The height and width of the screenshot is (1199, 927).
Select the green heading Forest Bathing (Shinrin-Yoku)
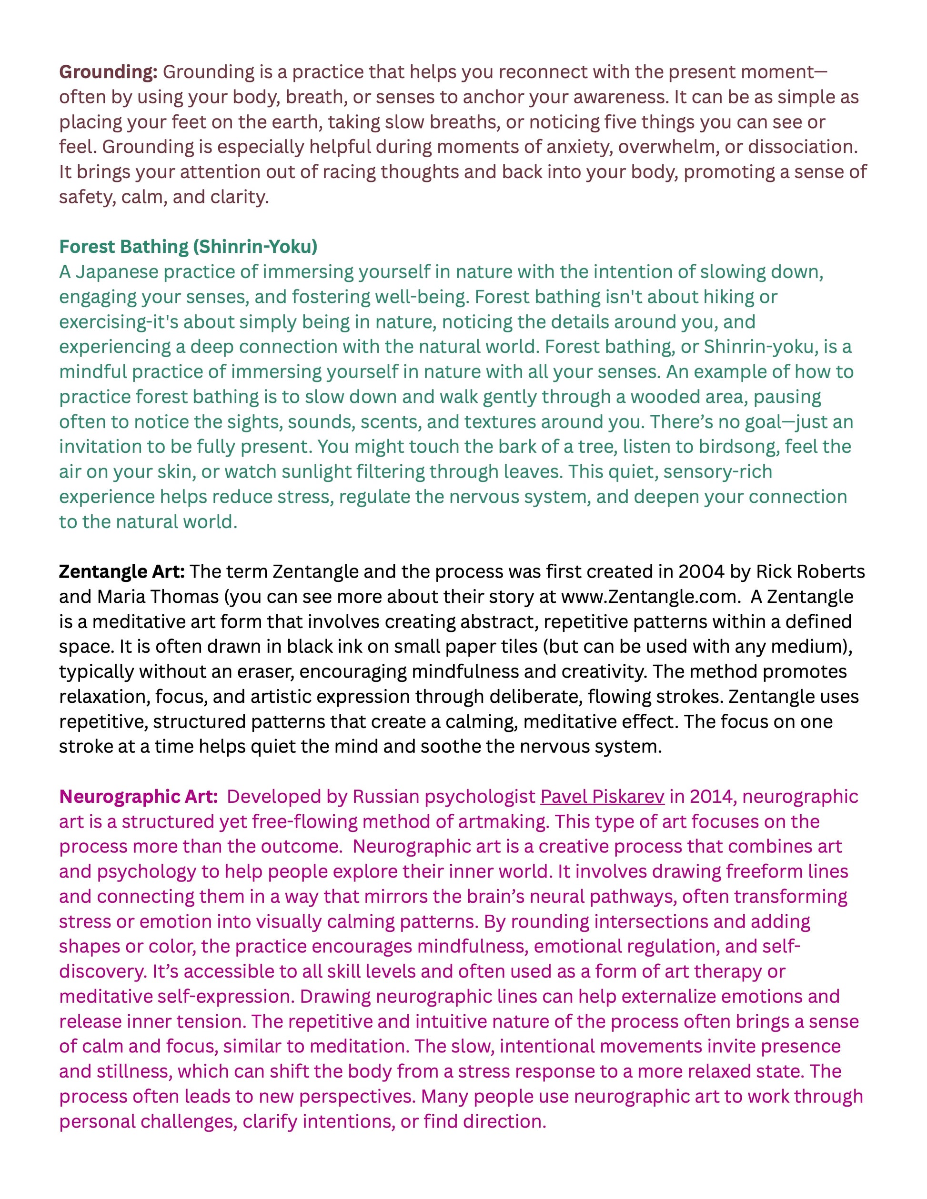pyautogui.click(x=188, y=247)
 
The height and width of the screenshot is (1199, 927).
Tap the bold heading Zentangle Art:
pyautogui.click(x=121, y=571)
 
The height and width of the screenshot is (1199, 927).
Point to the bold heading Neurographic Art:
pyautogui.click(x=139, y=797)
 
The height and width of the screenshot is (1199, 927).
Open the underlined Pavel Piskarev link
pyautogui.click(x=602, y=797)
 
